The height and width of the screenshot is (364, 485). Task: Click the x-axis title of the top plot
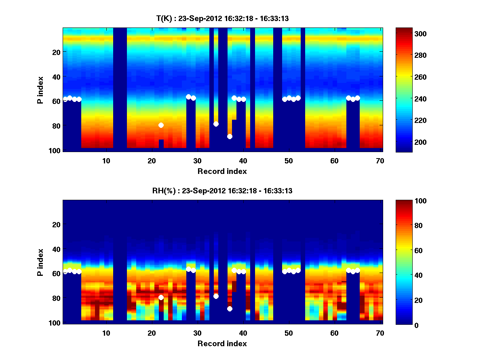[222, 171]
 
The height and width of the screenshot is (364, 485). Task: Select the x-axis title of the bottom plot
[222, 343]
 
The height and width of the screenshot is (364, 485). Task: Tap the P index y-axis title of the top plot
[40, 90]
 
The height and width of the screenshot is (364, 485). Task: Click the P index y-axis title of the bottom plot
[40, 262]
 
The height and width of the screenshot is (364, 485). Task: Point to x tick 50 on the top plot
[289, 161]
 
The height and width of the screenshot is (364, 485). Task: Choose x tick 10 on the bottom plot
[106, 333]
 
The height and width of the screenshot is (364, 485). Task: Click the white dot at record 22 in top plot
[161, 125]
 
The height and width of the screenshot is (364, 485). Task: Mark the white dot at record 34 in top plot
[216, 124]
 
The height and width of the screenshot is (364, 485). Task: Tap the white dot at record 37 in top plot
[230, 136]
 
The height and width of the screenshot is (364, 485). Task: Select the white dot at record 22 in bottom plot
[161, 297]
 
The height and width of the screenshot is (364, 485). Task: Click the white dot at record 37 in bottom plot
[230, 309]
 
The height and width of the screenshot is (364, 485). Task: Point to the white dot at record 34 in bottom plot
[216, 296]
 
